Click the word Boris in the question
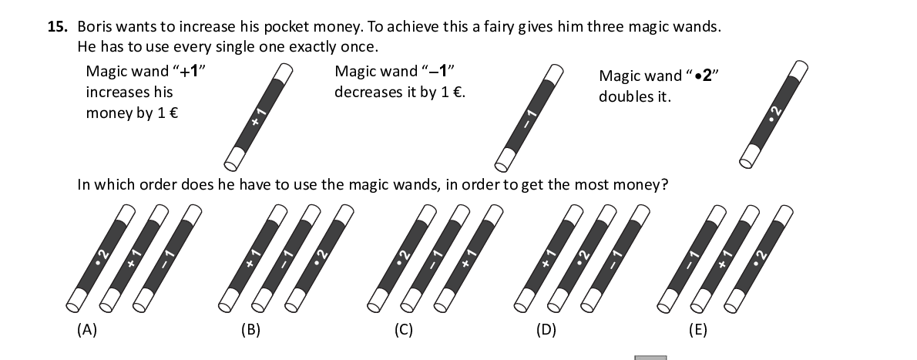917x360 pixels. pos(93,27)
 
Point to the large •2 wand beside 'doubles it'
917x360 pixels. pos(774,114)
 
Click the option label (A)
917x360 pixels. pos(87,330)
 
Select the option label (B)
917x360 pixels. pos(250,330)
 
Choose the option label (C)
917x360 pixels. pos(404,330)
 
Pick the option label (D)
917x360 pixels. pos(546,330)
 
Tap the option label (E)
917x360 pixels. pos(697,330)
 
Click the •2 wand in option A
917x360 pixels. pos(101,258)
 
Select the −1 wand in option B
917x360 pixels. pos(287,258)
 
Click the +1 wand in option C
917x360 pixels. pos(469,258)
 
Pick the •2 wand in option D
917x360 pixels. pos(583,258)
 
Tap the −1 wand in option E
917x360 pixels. pos(692,258)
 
